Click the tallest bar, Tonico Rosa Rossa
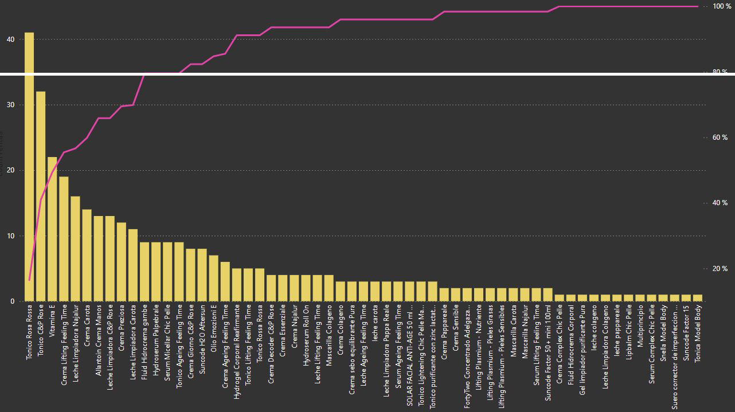29,166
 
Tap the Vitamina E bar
52,229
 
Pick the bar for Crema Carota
87,255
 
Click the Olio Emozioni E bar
214,278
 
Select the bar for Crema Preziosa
122,261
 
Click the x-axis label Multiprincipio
640,325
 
